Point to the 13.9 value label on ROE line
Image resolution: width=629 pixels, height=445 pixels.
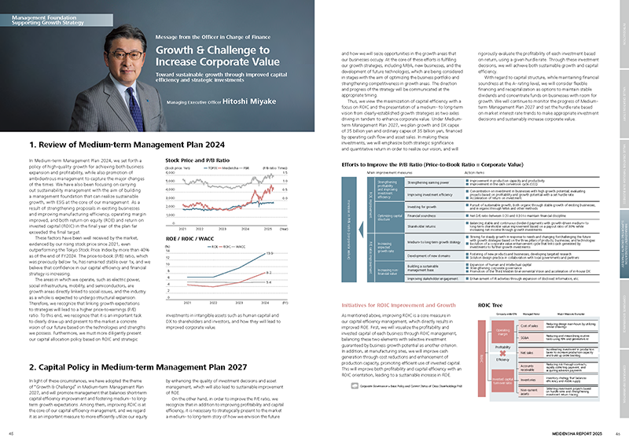coord(268,254)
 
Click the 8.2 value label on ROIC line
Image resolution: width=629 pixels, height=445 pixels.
coord(268,271)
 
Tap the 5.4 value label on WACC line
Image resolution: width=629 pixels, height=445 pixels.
coord(268,281)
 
